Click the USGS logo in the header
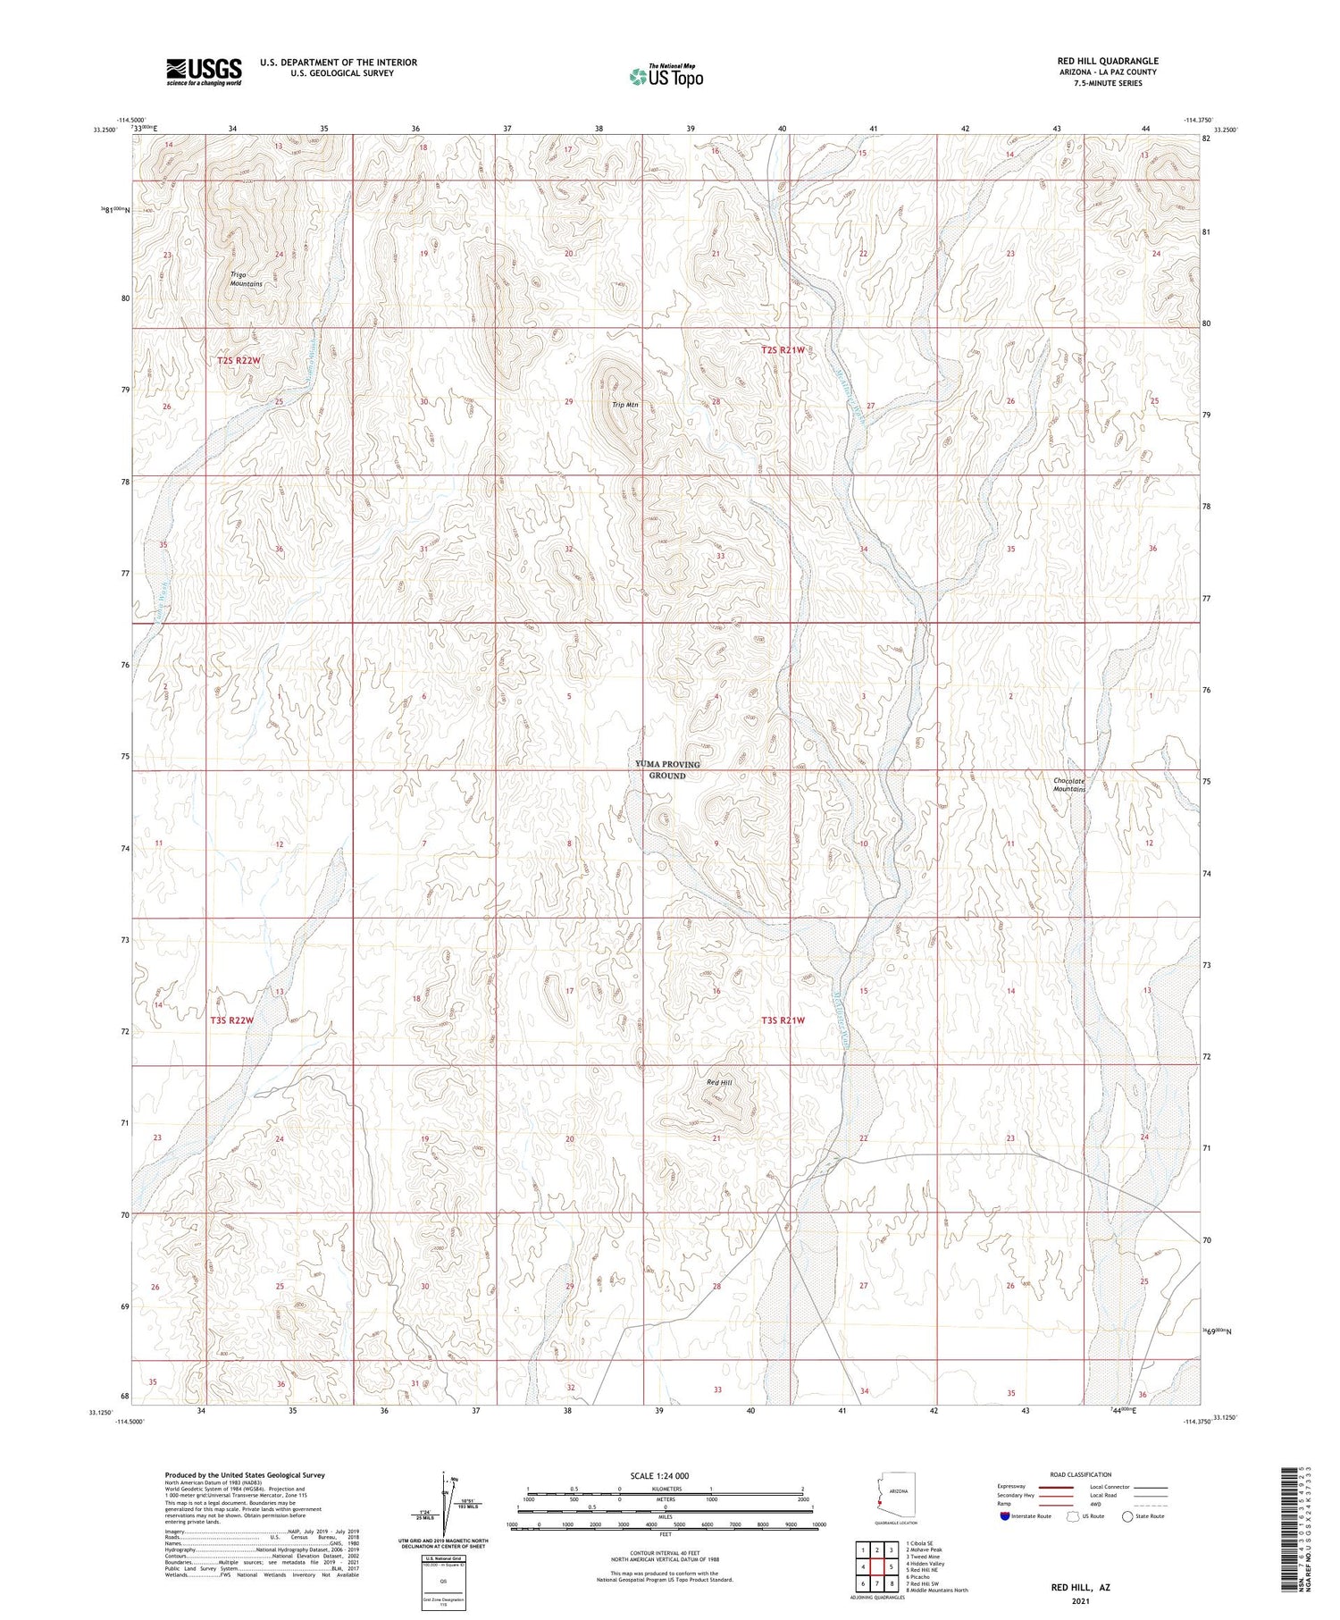[204, 71]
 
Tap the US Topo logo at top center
[666, 77]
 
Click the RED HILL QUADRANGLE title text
[1107, 61]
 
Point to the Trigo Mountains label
[245, 279]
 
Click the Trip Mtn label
[624, 405]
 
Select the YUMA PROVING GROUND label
[667, 769]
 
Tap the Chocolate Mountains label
[1068, 785]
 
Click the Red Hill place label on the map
[719, 1082]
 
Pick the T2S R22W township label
[239, 360]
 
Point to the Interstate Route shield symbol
[1004, 1516]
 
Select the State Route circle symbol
[1127, 1516]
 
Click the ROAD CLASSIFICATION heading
[1080, 1474]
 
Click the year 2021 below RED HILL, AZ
[1079, 1602]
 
